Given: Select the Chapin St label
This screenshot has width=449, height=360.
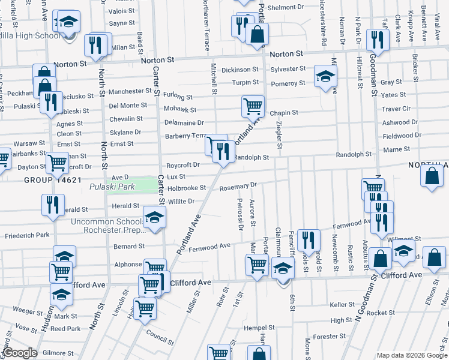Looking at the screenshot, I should (284, 113).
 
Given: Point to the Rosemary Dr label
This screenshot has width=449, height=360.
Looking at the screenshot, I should (238, 187).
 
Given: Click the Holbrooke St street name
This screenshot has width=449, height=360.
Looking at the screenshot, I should (187, 188).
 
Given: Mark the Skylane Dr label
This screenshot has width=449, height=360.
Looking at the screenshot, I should (125, 132).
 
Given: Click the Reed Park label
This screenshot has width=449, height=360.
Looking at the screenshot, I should (65, 329).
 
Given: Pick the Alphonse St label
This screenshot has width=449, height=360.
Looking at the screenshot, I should (128, 264).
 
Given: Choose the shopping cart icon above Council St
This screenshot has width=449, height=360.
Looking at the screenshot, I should (145, 308).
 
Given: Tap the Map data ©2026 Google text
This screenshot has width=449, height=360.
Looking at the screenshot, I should (412, 355).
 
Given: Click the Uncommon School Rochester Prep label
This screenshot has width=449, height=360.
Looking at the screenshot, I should (110, 226).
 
